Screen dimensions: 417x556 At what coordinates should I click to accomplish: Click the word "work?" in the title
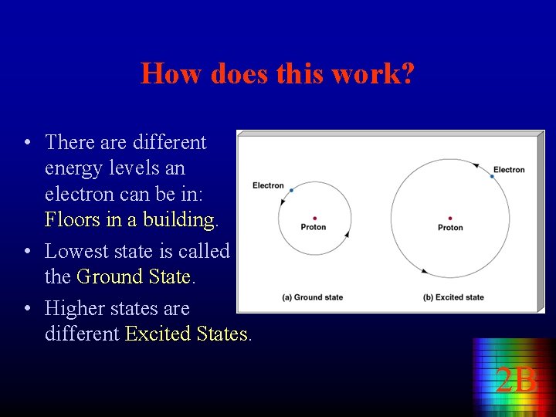377,74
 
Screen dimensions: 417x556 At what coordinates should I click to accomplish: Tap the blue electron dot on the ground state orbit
291,189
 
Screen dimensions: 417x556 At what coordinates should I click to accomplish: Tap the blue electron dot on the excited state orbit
492,177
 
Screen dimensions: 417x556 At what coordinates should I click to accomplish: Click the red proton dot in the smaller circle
314,219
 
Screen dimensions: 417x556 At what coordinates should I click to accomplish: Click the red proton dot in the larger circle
449,219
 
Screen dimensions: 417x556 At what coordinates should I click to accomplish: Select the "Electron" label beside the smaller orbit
268,185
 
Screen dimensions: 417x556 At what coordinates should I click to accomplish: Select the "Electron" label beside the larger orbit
509,170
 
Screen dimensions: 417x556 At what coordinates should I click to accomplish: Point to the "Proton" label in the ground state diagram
314,227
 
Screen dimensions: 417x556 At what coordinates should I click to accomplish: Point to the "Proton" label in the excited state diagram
450,228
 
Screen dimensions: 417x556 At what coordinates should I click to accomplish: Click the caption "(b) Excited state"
453,297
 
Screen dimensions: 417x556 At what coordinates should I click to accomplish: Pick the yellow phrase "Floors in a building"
129,220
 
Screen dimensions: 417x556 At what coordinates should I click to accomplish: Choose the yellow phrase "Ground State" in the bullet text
134,276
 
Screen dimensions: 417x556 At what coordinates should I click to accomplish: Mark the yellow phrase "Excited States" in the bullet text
186,334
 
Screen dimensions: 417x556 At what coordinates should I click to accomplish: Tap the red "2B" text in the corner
516,381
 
